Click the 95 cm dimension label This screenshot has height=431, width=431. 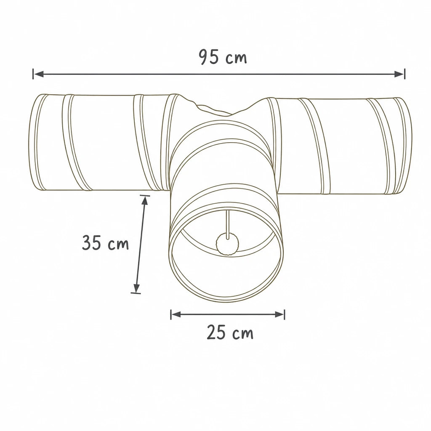point(223,57)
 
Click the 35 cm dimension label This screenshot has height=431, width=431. point(105,242)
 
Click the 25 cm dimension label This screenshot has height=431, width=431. point(230,332)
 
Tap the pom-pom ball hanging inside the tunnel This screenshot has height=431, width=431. point(228,244)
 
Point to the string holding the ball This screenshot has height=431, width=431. point(227,223)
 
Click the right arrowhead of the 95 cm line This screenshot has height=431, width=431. point(399,74)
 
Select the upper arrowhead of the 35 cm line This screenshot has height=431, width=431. point(145,201)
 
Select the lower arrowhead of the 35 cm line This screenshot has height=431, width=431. point(136,287)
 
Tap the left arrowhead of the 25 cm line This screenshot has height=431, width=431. point(176,314)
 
